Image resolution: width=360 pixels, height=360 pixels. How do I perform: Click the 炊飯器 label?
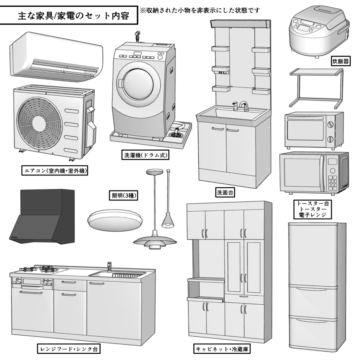coord(340,62)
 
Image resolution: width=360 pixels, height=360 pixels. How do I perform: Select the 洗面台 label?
coord(225,192)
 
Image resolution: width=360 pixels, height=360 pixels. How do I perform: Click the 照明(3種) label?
coord(123,196)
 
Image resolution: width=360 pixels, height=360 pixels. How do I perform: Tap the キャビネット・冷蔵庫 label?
coord(223,349)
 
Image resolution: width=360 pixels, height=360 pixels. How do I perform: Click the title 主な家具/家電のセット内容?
coord(69,16)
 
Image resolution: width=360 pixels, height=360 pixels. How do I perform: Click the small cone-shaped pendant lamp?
coord(168,220)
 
